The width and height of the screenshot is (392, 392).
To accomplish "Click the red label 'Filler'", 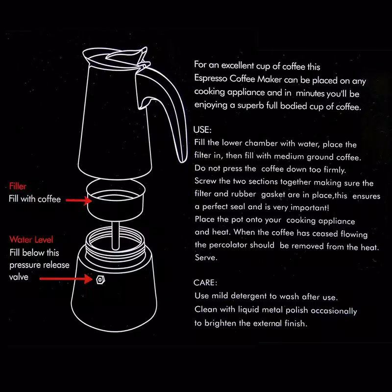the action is coord(18,186).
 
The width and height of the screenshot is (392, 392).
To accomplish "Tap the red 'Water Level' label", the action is coord(31,240).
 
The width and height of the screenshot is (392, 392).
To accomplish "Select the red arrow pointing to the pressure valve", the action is coord(66,279).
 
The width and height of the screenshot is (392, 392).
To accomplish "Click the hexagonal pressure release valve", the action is coord(100,279).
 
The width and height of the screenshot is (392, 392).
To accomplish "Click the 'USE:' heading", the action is coord(202,130).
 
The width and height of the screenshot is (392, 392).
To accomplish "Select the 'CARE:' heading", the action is coord(205,283).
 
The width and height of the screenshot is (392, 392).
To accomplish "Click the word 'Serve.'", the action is coord(206,257).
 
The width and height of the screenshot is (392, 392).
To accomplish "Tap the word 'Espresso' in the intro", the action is coord(211,78).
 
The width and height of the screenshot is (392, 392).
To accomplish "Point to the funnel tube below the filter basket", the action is coord(115,236).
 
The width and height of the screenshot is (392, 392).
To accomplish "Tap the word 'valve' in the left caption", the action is coord(19,277).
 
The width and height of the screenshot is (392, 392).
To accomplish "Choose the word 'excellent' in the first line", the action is coord(238,65).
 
